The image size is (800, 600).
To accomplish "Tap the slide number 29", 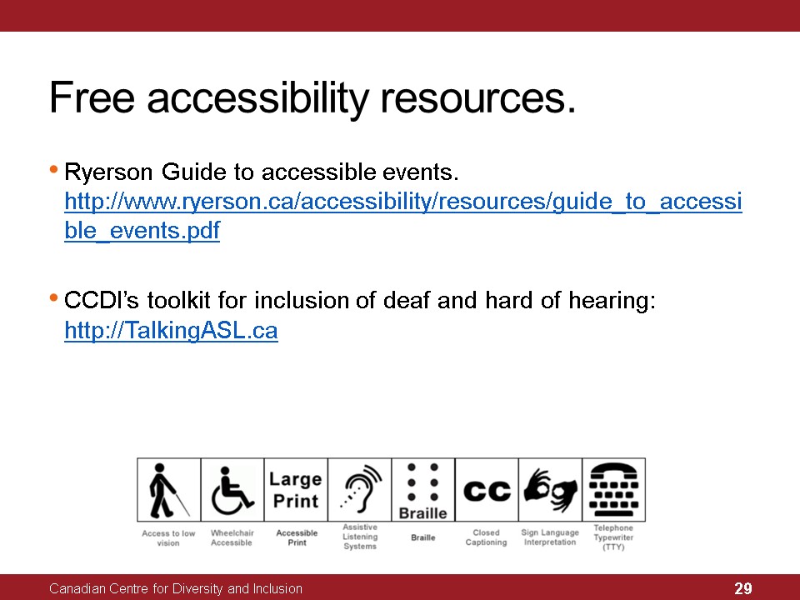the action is coord(742,588).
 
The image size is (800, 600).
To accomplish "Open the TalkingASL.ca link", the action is coord(171,330).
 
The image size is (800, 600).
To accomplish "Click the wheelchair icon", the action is coord(232,490).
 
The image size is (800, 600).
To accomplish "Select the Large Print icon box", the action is coord(296,490).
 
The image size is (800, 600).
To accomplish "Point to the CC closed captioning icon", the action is coord(487,491).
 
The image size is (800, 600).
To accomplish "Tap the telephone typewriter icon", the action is coord(614,489).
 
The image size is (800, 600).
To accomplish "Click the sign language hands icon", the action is coord(551,490).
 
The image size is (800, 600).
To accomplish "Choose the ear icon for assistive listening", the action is coord(360,489).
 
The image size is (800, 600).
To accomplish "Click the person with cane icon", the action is coord(168,490).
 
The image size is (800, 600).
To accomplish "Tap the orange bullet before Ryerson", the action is coord(53,169).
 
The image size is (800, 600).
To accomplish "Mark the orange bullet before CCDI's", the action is coord(53,297).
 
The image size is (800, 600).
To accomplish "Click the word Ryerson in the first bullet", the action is coord(108,173).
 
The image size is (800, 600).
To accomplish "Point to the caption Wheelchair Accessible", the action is coord(232,537).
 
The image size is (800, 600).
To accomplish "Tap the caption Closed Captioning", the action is coord(486,537).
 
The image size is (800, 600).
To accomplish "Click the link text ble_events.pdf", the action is coord(142,231).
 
